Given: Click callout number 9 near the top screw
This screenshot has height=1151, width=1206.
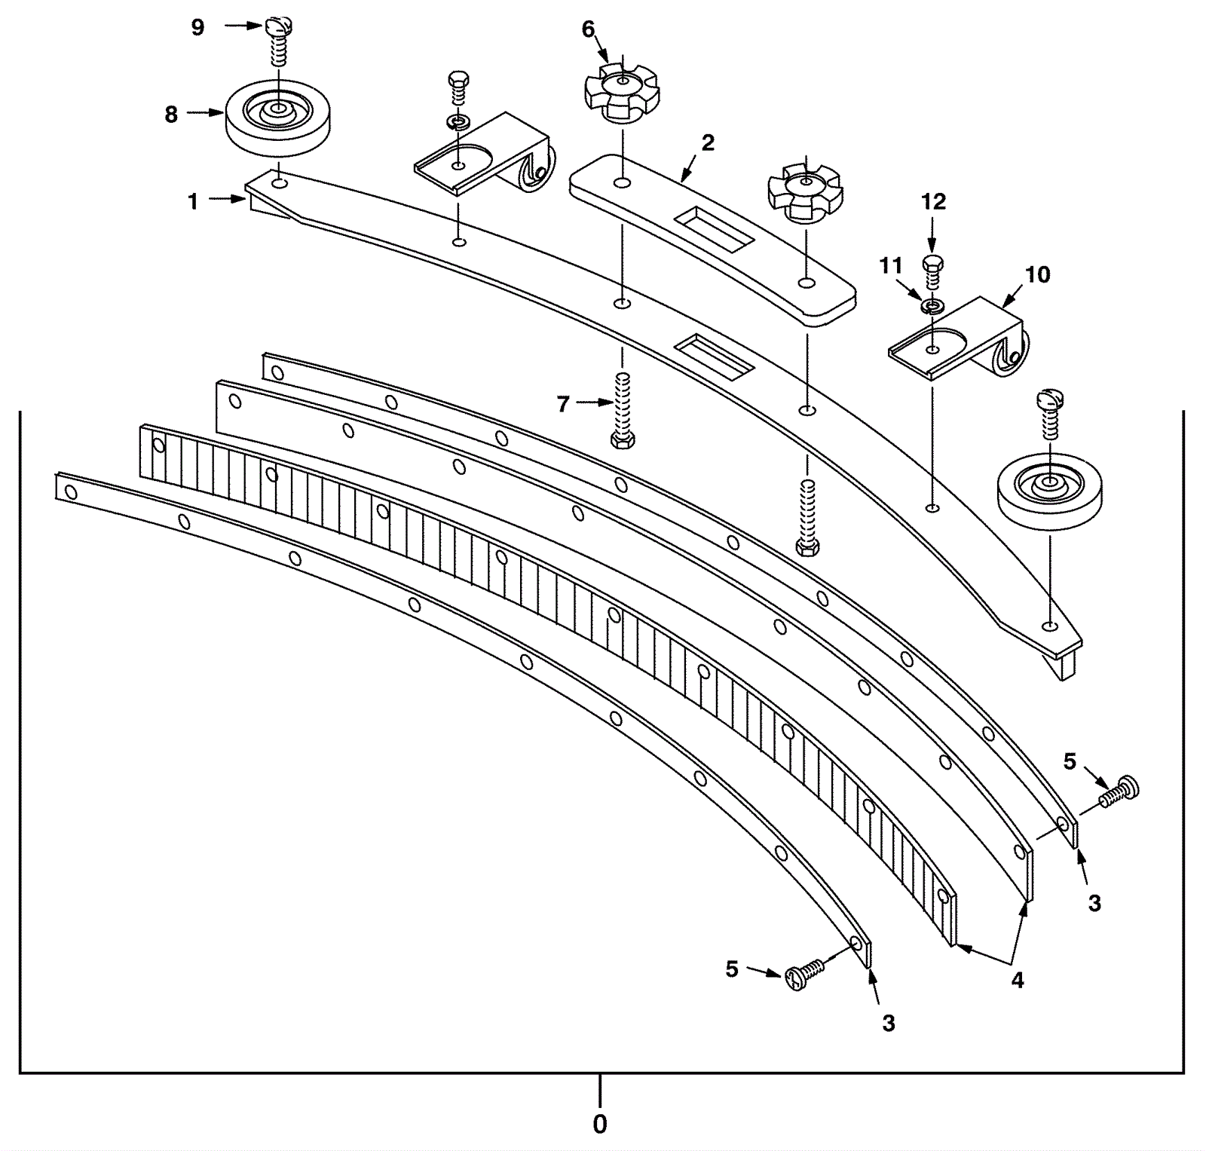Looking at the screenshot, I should click(x=197, y=28).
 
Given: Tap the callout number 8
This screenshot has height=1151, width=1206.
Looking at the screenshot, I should click(x=171, y=114).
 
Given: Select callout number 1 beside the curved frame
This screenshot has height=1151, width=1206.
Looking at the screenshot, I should click(x=193, y=201).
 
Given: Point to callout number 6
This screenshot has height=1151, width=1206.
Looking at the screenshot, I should click(x=588, y=29).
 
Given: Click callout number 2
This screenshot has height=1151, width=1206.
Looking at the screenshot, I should click(x=707, y=142).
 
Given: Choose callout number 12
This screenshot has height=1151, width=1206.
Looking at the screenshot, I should click(x=933, y=201).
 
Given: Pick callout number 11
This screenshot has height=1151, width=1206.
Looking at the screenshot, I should click(x=891, y=266).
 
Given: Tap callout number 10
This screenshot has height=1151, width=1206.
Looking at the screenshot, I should click(x=1037, y=274).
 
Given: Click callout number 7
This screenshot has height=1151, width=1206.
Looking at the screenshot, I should click(x=563, y=405).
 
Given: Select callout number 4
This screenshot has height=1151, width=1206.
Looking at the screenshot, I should click(x=1018, y=980).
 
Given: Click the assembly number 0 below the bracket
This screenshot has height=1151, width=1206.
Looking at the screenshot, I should click(x=600, y=1124).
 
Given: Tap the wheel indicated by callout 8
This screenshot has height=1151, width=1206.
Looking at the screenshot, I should click(x=278, y=118).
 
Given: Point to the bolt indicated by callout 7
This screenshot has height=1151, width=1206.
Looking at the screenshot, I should click(x=623, y=411).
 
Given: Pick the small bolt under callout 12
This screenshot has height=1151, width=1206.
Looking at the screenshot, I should click(x=933, y=272).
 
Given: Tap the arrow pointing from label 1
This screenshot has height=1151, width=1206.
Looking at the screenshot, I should click(x=226, y=200).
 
